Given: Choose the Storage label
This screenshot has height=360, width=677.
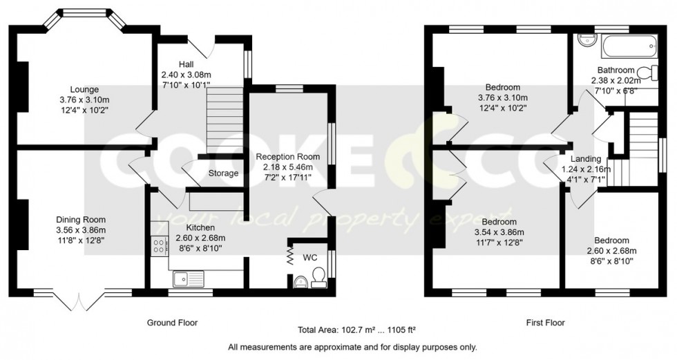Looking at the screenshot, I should [x=223, y=173].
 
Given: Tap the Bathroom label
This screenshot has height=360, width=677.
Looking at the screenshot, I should [x=616, y=70].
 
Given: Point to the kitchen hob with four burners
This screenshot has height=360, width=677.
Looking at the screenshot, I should [x=158, y=247].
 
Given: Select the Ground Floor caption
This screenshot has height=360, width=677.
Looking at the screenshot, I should [x=172, y=323].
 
